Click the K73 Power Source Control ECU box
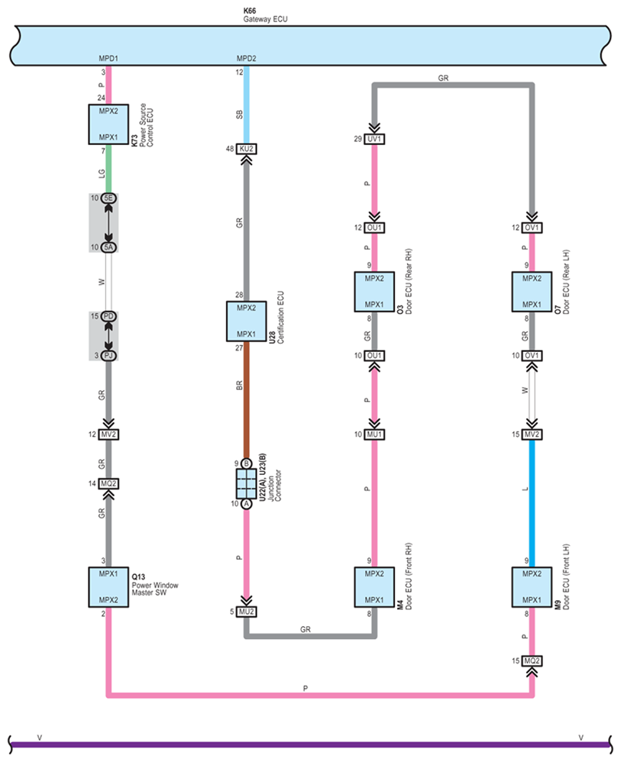108,125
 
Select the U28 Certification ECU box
246,321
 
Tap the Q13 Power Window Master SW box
108,586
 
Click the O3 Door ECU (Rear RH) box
374,291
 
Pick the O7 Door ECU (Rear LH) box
531,291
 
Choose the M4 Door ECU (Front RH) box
374,586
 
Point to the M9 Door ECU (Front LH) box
531,586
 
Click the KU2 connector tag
246,149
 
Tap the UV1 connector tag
374,140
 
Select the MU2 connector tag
246,612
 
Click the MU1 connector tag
374,434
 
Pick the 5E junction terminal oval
108,199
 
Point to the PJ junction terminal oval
108,355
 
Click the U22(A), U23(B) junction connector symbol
246,483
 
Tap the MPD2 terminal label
246,59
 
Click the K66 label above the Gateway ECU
248,11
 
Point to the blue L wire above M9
531,504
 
